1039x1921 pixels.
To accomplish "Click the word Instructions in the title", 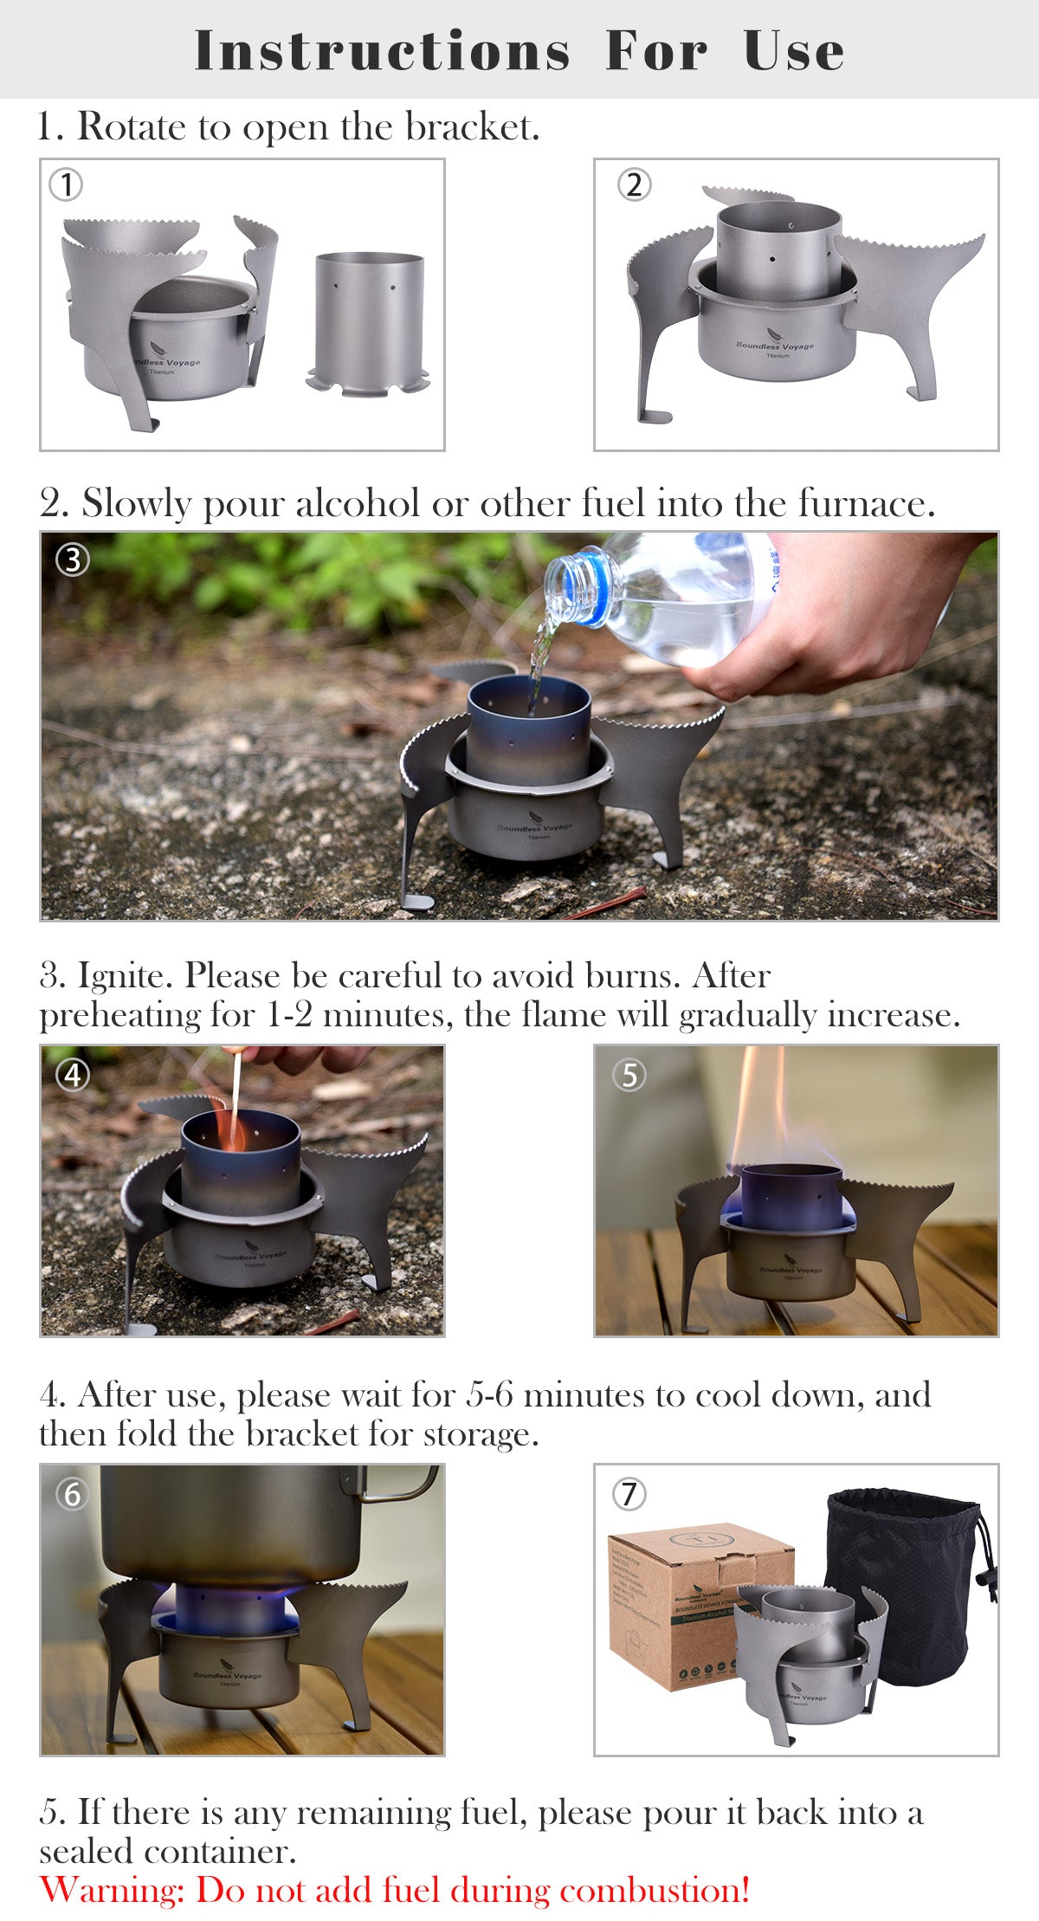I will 382,50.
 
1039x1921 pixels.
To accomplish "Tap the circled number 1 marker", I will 66,184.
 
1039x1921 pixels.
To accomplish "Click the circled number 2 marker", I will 634,184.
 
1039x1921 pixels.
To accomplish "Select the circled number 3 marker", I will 73,559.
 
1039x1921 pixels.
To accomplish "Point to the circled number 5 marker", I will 629,1075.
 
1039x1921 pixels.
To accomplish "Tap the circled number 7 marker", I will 629,1494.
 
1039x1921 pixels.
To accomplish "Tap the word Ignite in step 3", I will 129,976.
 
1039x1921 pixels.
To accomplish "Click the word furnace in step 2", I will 866,503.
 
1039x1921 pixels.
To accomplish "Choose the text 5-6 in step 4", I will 489,1395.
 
